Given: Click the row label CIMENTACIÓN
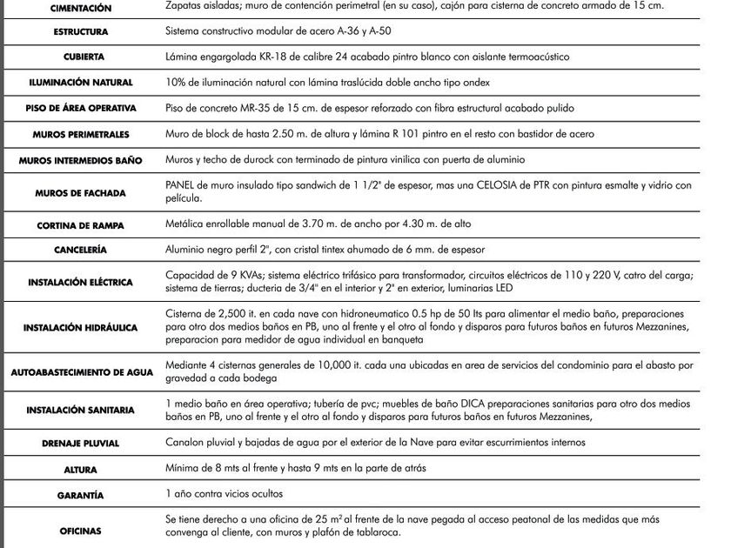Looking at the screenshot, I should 81,8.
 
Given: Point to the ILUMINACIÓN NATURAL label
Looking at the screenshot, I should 80,83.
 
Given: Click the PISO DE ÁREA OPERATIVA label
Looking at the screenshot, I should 80,109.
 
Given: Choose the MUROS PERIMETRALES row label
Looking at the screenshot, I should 81,135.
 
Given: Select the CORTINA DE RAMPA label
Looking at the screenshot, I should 81,225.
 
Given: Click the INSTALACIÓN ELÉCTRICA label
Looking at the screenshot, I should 80,283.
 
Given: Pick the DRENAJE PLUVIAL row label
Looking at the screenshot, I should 80,444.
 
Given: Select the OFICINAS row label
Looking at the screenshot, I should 80,531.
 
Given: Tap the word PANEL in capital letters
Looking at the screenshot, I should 181,185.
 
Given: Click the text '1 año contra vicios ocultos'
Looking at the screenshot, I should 224,494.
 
